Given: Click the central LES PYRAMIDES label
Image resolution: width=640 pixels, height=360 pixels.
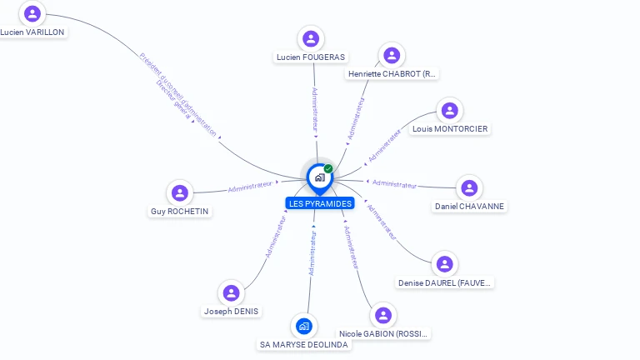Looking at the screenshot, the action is (319, 203).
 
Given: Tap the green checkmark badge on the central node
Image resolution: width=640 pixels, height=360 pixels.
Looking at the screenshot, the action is (328, 169).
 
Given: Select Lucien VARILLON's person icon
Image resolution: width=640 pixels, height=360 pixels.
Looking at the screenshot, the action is (32, 13).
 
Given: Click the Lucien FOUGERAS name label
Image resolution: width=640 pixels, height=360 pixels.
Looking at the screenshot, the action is (311, 57).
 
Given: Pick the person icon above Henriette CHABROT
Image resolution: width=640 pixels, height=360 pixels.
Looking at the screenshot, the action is (391, 55).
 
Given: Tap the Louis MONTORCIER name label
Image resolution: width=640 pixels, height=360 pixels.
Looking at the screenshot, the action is (450, 129).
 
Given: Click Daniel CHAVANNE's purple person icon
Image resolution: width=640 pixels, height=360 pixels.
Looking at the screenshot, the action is (469, 188).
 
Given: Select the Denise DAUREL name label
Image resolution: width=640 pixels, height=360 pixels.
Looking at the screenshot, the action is (445, 282).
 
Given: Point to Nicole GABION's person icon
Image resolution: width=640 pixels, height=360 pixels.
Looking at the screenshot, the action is (382, 315).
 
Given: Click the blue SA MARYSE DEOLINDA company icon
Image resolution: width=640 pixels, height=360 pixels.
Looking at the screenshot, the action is (303, 326).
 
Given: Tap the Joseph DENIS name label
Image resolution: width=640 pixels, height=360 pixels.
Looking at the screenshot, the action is (231, 312).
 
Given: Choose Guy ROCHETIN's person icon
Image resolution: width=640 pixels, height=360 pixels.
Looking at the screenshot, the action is (179, 193).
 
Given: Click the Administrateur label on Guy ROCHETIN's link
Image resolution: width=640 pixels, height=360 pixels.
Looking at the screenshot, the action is (250, 187).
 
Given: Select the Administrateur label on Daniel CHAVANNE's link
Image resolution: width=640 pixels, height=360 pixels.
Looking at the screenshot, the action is (394, 183).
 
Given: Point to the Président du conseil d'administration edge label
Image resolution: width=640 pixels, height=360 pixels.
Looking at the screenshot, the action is (178, 92).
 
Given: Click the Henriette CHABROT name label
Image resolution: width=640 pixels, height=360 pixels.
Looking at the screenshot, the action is (392, 74).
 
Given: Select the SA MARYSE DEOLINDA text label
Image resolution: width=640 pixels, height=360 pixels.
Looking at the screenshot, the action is (303, 345).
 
